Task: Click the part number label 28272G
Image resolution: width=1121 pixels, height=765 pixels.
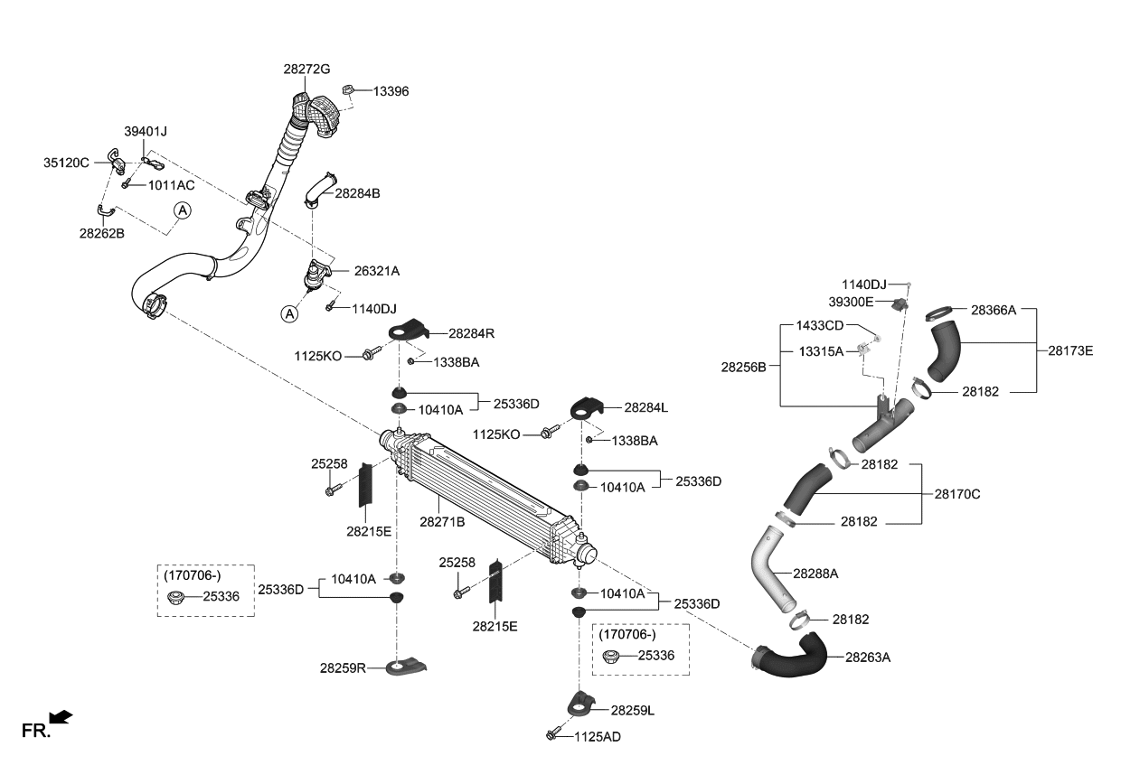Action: [x=306, y=70]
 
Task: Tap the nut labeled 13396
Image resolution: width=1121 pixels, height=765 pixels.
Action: [x=347, y=89]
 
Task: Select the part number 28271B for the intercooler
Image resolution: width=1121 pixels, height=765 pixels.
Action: [x=442, y=522]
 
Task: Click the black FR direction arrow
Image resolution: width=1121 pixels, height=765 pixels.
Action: [x=61, y=717]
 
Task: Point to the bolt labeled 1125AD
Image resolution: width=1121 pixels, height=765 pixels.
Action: [x=553, y=736]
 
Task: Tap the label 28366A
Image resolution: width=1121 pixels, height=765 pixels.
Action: [x=994, y=310]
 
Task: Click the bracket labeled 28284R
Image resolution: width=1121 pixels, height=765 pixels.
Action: [x=408, y=332]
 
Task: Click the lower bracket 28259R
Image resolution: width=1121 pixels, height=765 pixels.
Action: [x=405, y=668]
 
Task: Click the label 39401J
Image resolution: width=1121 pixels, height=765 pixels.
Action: [x=146, y=132]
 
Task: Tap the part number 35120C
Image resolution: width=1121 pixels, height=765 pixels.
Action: [x=66, y=163]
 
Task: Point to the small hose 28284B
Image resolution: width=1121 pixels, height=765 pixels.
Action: [x=317, y=191]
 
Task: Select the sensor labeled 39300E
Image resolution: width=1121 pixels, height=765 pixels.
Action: [x=900, y=303]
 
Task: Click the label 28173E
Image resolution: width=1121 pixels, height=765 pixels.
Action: [x=1070, y=350]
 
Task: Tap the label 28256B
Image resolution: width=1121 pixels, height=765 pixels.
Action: [x=743, y=368]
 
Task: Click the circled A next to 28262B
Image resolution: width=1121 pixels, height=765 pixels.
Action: [x=183, y=210]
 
